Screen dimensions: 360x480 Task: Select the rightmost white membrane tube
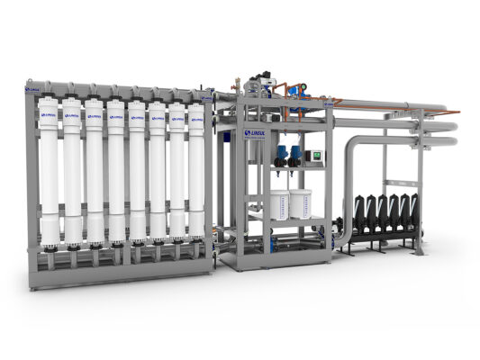196,175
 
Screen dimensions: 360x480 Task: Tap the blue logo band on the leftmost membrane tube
49,115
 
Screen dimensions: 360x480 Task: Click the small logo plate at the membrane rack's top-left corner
33,90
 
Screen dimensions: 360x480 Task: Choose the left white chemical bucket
280,205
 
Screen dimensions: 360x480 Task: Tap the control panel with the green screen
315,156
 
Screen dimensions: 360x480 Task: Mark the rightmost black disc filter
413,207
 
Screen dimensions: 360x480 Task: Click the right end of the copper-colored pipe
455,112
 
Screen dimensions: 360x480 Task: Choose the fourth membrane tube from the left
116,175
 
